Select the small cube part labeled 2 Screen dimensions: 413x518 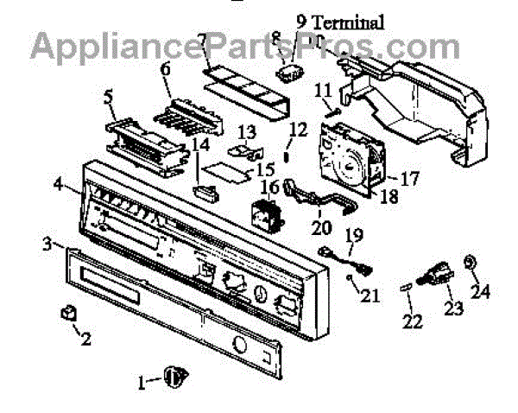(67, 311)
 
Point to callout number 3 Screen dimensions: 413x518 (48, 245)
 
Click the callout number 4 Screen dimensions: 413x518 (58, 182)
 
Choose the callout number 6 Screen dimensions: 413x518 (165, 67)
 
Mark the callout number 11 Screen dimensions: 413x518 (323, 89)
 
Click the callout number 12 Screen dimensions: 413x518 (298, 130)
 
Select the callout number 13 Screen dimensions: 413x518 (247, 130)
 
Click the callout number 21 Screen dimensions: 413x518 (370, 296)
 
